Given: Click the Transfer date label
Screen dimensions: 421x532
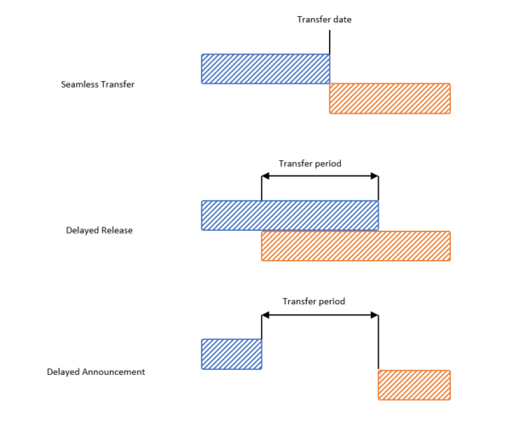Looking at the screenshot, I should (324, 20).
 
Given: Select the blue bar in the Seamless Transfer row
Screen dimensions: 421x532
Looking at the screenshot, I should (265, 69).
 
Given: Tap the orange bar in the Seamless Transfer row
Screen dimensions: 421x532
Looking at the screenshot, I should (390, 98).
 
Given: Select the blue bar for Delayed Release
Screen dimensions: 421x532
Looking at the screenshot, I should (289, 215).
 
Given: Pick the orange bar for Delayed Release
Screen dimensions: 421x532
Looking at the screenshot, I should (356, 245).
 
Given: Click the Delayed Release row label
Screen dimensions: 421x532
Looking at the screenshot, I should (99, 230).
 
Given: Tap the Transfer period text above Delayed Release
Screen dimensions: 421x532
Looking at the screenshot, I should (311, 163).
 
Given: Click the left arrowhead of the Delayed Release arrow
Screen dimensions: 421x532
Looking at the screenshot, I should (265, 176).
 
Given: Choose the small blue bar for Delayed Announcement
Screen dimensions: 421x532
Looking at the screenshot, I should (231, 354).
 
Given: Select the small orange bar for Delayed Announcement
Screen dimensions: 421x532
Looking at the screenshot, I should (413, 384).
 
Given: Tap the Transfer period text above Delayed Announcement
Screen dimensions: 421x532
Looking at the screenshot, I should (314, 301).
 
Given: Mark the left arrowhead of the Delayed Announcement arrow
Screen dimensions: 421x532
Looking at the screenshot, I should (265, 315).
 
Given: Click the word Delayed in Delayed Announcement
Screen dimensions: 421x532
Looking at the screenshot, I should (62, 372).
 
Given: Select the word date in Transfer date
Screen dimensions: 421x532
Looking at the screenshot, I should (341, 20).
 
